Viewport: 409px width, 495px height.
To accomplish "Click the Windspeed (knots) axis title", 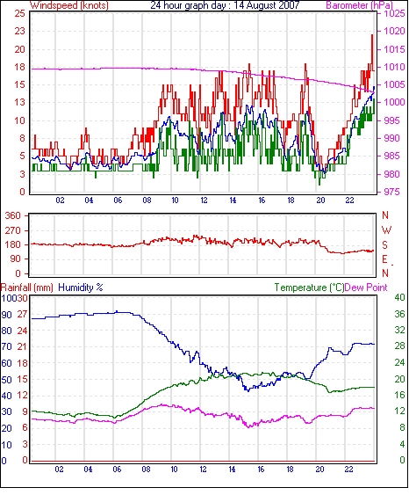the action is [x=68, y=5].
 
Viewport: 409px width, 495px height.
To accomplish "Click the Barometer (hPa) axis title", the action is [x=360, y=5].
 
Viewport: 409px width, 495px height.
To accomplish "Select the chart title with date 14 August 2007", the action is [x=225, y=5].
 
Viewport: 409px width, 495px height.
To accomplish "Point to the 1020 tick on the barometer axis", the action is [x=394, y=31].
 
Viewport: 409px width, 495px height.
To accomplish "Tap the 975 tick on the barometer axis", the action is [x=392, y=192].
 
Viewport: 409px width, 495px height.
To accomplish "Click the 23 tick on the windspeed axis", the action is [x=19, y=31].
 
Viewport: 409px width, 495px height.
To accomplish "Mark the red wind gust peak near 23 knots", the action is [x=372, y=35].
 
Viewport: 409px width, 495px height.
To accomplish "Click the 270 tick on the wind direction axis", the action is [x=12, y=230].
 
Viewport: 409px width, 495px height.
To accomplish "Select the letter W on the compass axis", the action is [x=386, y=230].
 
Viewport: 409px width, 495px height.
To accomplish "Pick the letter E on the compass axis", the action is [x=384, y=259].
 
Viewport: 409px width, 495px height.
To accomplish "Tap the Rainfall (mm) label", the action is [x=27, y=288].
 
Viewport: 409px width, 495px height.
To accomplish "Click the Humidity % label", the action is [x=81, y=288].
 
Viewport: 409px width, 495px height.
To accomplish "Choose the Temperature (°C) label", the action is [x=309, y=288].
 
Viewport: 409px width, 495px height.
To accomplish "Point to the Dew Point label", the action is [x=366, y=288].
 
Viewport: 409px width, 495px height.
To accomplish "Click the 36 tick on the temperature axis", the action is [x=399, y=314].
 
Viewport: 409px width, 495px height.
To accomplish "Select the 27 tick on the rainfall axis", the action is [x=22, y=314].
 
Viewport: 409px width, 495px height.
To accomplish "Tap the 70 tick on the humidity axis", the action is [x=7, y=346].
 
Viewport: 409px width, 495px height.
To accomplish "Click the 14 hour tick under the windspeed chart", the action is [x=233, y=200].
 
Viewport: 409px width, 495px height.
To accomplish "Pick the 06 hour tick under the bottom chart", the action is [x=117, y=470].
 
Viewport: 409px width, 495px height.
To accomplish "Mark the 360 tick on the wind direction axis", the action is [x=12, y=215].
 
